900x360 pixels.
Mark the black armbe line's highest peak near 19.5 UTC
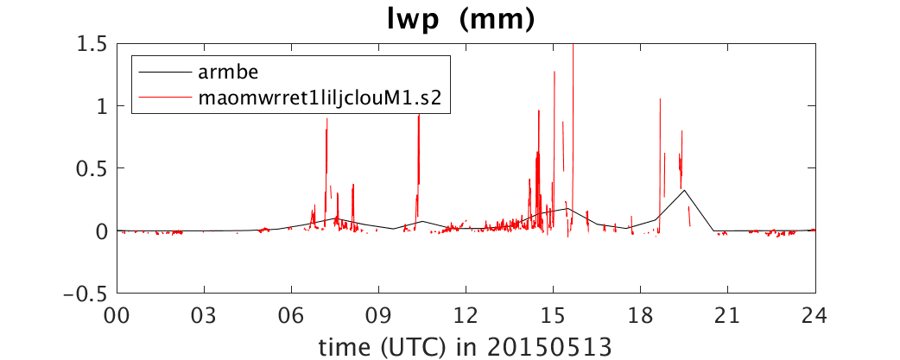[x=684, y=190]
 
